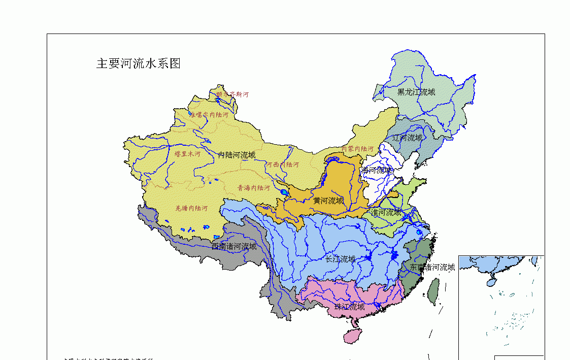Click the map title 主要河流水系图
[139, 63]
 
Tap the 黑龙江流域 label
[416, 92]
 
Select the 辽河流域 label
[407, 138]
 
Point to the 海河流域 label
[377, 170]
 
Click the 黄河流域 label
[328, 201]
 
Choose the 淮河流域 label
[386, 212]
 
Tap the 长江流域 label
[341, 259]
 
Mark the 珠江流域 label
[349, 307]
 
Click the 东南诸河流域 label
[432, 267]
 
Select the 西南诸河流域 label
[234, 247]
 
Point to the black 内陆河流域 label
[237, 155]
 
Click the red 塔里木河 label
[187, 153]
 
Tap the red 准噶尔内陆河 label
[209, 115]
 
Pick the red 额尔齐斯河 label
[232, 94]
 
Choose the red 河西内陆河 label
[282, 165]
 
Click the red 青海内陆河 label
[254, 187]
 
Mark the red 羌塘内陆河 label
[191, 208]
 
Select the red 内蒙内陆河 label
[357, 149]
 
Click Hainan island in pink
[350, 336]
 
